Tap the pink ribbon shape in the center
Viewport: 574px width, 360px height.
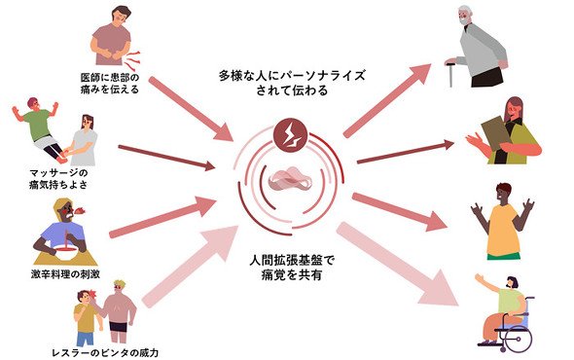click(x=290, y=179)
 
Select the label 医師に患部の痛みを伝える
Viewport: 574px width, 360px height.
click(x=110, y=83)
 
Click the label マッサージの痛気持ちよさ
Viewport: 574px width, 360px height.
click(x=59, y=178)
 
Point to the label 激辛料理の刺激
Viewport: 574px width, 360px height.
click(x=65, y=274)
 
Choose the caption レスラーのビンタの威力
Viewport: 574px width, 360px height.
click(x=105, y=353)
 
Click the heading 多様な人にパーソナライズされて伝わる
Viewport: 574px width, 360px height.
click(x=292, y=83)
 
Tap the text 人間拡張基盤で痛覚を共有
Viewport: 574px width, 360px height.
click(x=292, y=268)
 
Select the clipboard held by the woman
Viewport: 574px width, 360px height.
click(x=496, y=133)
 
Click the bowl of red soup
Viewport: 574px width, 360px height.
click(x=66, y=252)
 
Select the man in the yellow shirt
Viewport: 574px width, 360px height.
click(x=504, y=221)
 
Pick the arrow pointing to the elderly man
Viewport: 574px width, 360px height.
click(x=387, y=100)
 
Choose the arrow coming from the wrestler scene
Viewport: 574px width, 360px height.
click(x=191, y=267)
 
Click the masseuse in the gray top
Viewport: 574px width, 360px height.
click(x=84, y=140)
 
